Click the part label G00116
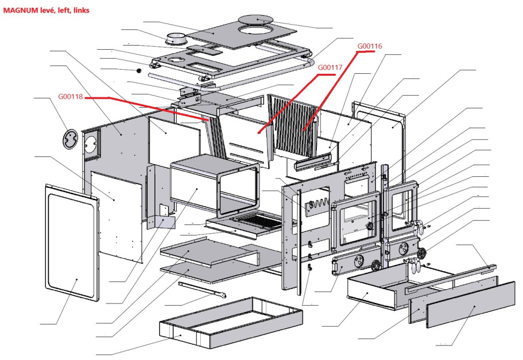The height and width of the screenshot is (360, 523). pyautogui.click(x=370, y=46)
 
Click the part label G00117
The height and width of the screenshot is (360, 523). pyautogui.click(x=330, y=67)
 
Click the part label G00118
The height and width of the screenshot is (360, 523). pyautogui.click(x=71, y=96)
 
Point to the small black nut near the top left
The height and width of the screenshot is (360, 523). pyautogui.click(x=139, y=70)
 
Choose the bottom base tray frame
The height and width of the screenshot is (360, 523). pyautogui.click(x=230, y=322)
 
